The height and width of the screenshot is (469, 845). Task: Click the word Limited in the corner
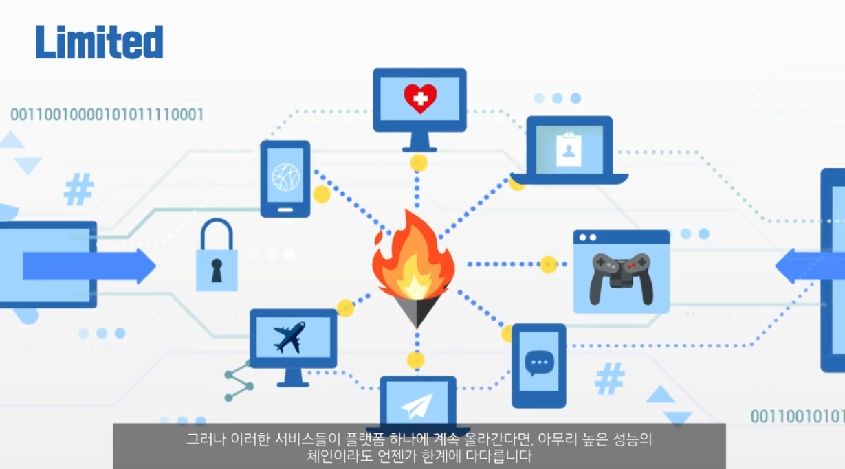click(x=100, y=43)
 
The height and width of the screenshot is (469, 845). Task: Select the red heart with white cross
click(x=420, y=98)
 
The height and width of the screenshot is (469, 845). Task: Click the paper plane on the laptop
click(x=418, y=406)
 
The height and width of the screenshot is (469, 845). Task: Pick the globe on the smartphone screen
click(x=285, y=177)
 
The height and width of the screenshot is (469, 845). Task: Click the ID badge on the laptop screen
click(x=569, y=149)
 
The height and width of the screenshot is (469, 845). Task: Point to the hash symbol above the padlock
click(x=78, y=190)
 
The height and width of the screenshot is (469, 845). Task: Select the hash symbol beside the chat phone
click(x=609, y=378)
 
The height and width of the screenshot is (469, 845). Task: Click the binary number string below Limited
click(x=107, y=114)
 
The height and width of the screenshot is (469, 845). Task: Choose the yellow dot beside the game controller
click(x=548, y=264)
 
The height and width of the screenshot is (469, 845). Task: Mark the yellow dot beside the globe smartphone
click(x=322, y=194)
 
